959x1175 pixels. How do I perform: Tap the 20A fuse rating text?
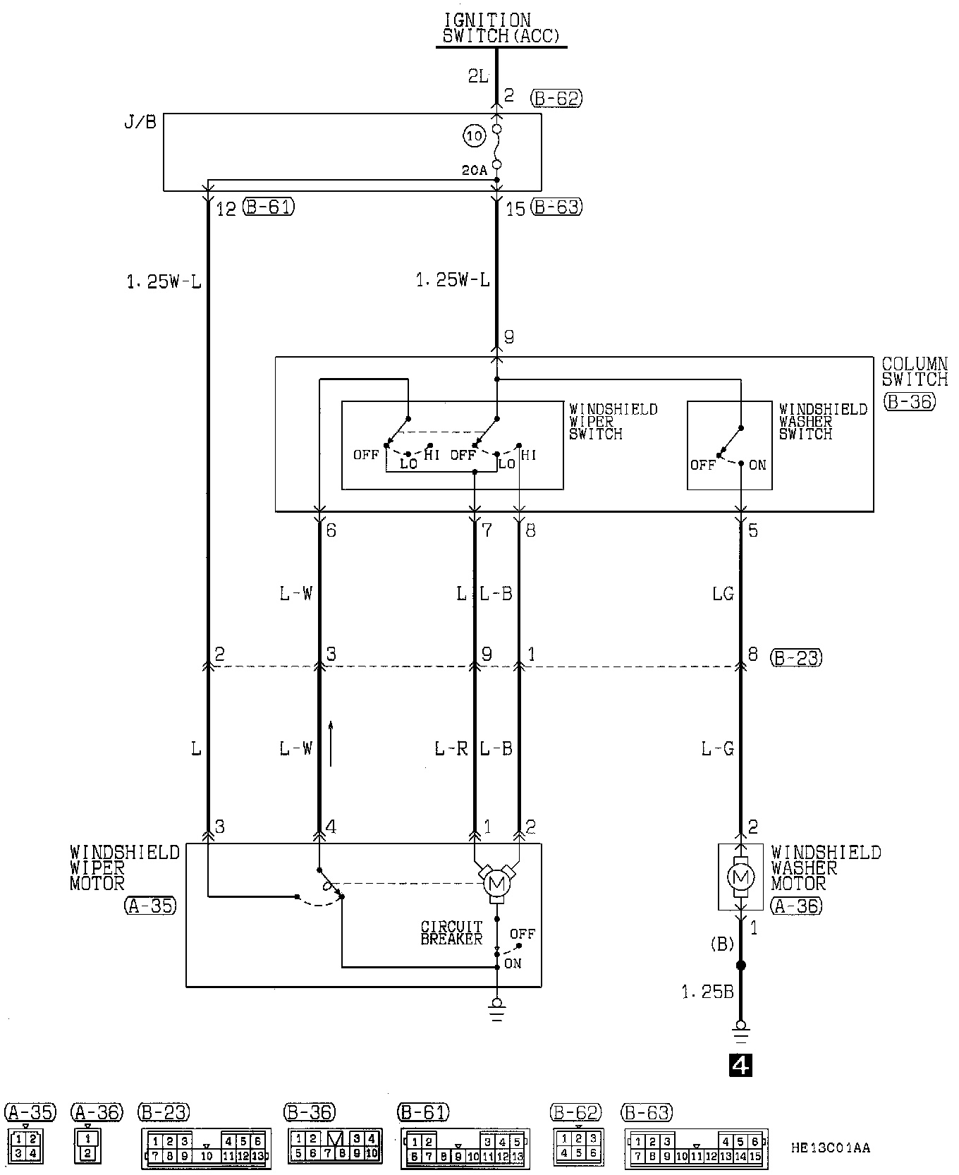(x=475, y=171)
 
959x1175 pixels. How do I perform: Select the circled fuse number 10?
(x=475, y=135)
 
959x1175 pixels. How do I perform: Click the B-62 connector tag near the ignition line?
(x=556, y=98)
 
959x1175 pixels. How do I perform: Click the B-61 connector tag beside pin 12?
(x=268, y=207)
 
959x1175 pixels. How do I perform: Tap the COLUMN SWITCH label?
(x=915, y=372)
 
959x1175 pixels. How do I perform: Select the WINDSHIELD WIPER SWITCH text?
(x=613, y=421)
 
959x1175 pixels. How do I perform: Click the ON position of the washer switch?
(x=757, y=465)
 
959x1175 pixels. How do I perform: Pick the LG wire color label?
(x=723, y=594)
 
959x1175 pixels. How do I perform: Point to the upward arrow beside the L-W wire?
(x=330, y=743)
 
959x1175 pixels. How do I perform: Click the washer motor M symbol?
(x=740, y=877)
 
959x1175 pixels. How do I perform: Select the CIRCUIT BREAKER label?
(x=451, y=932)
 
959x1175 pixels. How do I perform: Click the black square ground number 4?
(x=740, y=1065)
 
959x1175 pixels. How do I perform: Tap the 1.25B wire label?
(x=707, y=992)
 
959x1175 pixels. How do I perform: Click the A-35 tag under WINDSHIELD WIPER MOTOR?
(x=150, y=906)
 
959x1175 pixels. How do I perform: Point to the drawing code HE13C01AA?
(x=830, y=1148)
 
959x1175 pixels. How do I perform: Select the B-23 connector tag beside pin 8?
(x=796, y=658)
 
